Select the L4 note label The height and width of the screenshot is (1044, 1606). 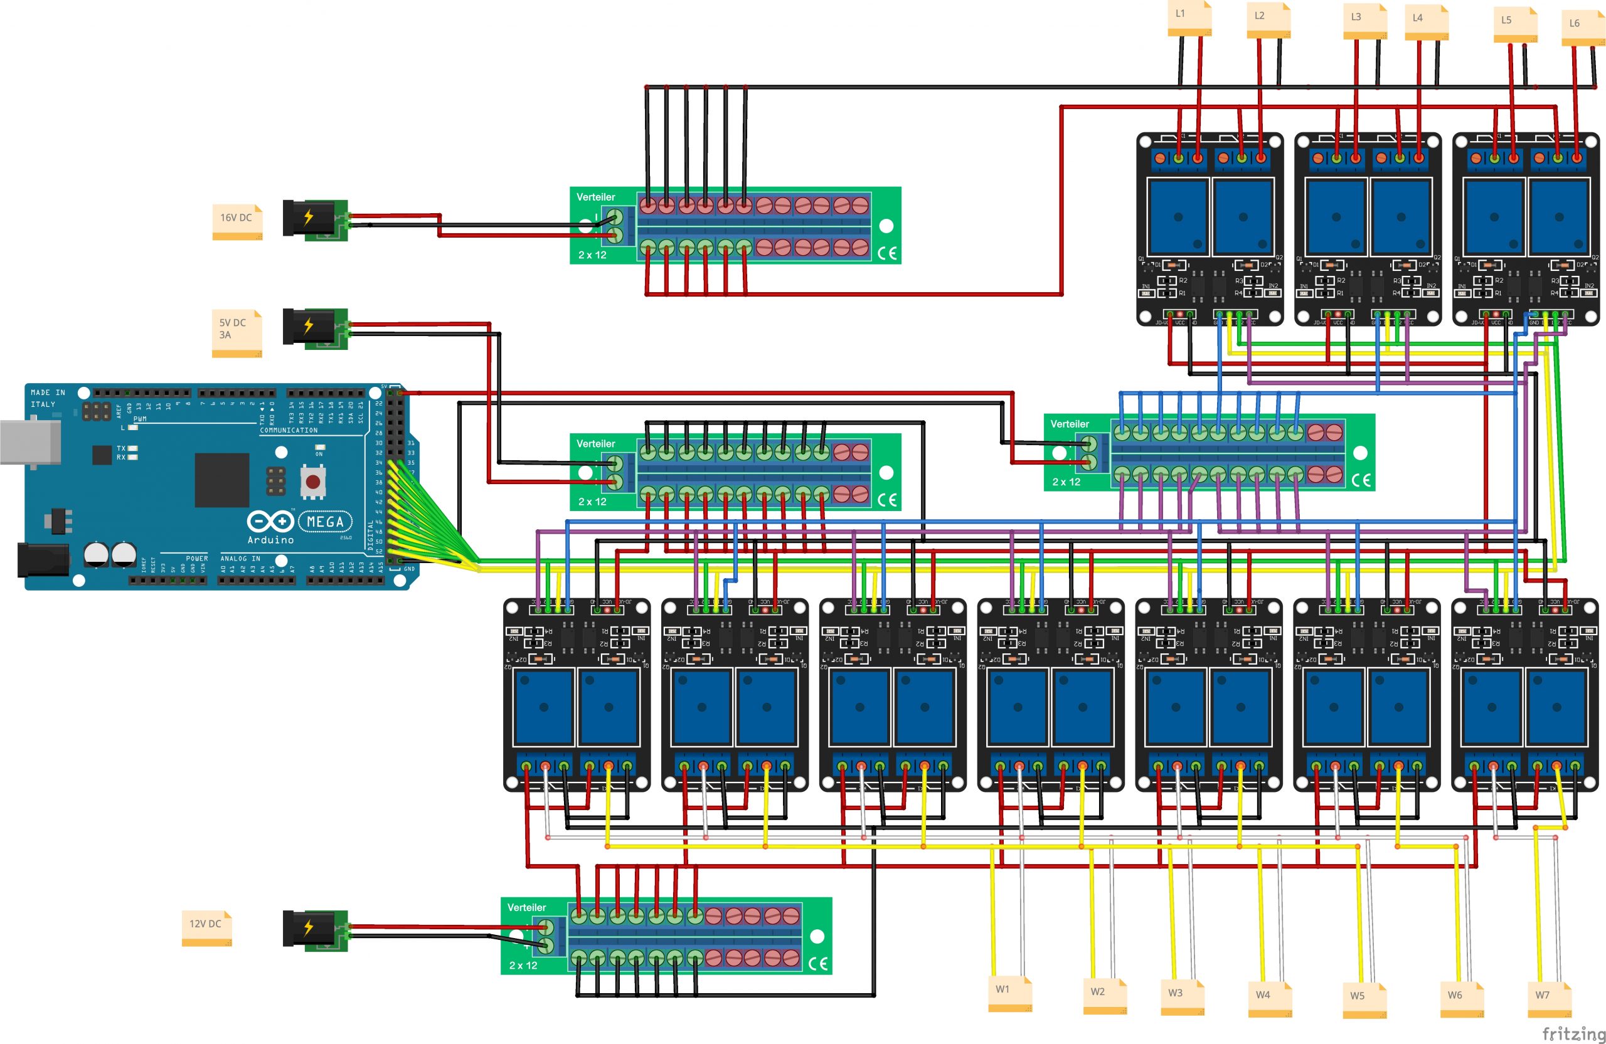coord(1426,21)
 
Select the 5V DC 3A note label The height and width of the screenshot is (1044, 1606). coord(236,332)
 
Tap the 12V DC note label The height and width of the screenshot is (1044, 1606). coord(206,927)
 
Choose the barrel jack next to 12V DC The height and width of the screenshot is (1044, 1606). coord(314,930)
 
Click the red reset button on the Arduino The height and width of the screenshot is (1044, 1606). coord(312,482)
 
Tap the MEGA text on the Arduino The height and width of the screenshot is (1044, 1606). coord(325,522)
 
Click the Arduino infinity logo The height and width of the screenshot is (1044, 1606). coord(270,521)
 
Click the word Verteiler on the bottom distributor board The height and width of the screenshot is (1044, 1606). coord(526,908)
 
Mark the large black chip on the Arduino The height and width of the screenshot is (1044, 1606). coord(222,480)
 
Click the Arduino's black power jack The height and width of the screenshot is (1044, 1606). coord(43,560)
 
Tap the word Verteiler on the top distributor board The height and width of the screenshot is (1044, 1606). coord(595,197)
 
